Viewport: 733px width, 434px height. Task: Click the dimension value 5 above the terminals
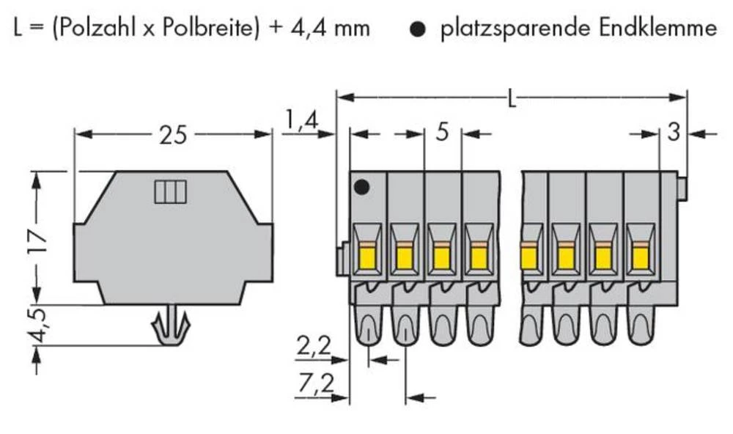tap(442, 133)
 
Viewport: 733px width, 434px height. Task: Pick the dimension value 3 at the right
tap(674, 133)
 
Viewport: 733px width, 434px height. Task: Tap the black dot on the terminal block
tap(360, 187)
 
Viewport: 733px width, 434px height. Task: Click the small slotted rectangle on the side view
tap(170, 193)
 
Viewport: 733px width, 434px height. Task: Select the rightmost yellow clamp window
tap(640, 257)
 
